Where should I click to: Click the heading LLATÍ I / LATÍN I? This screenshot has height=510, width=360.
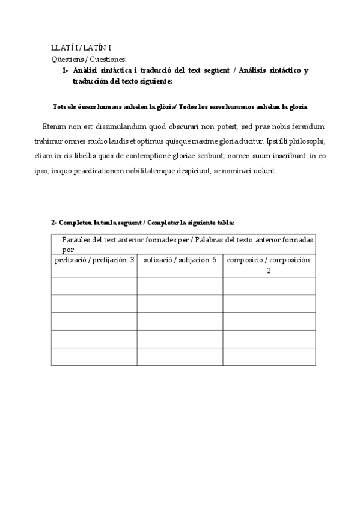81,48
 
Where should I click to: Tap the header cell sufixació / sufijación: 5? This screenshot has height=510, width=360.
180,260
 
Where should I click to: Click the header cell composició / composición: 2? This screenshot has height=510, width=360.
269,265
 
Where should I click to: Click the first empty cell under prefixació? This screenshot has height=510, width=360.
94,286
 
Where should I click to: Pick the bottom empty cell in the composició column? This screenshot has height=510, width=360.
269,357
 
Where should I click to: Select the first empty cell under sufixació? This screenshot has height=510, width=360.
180,286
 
